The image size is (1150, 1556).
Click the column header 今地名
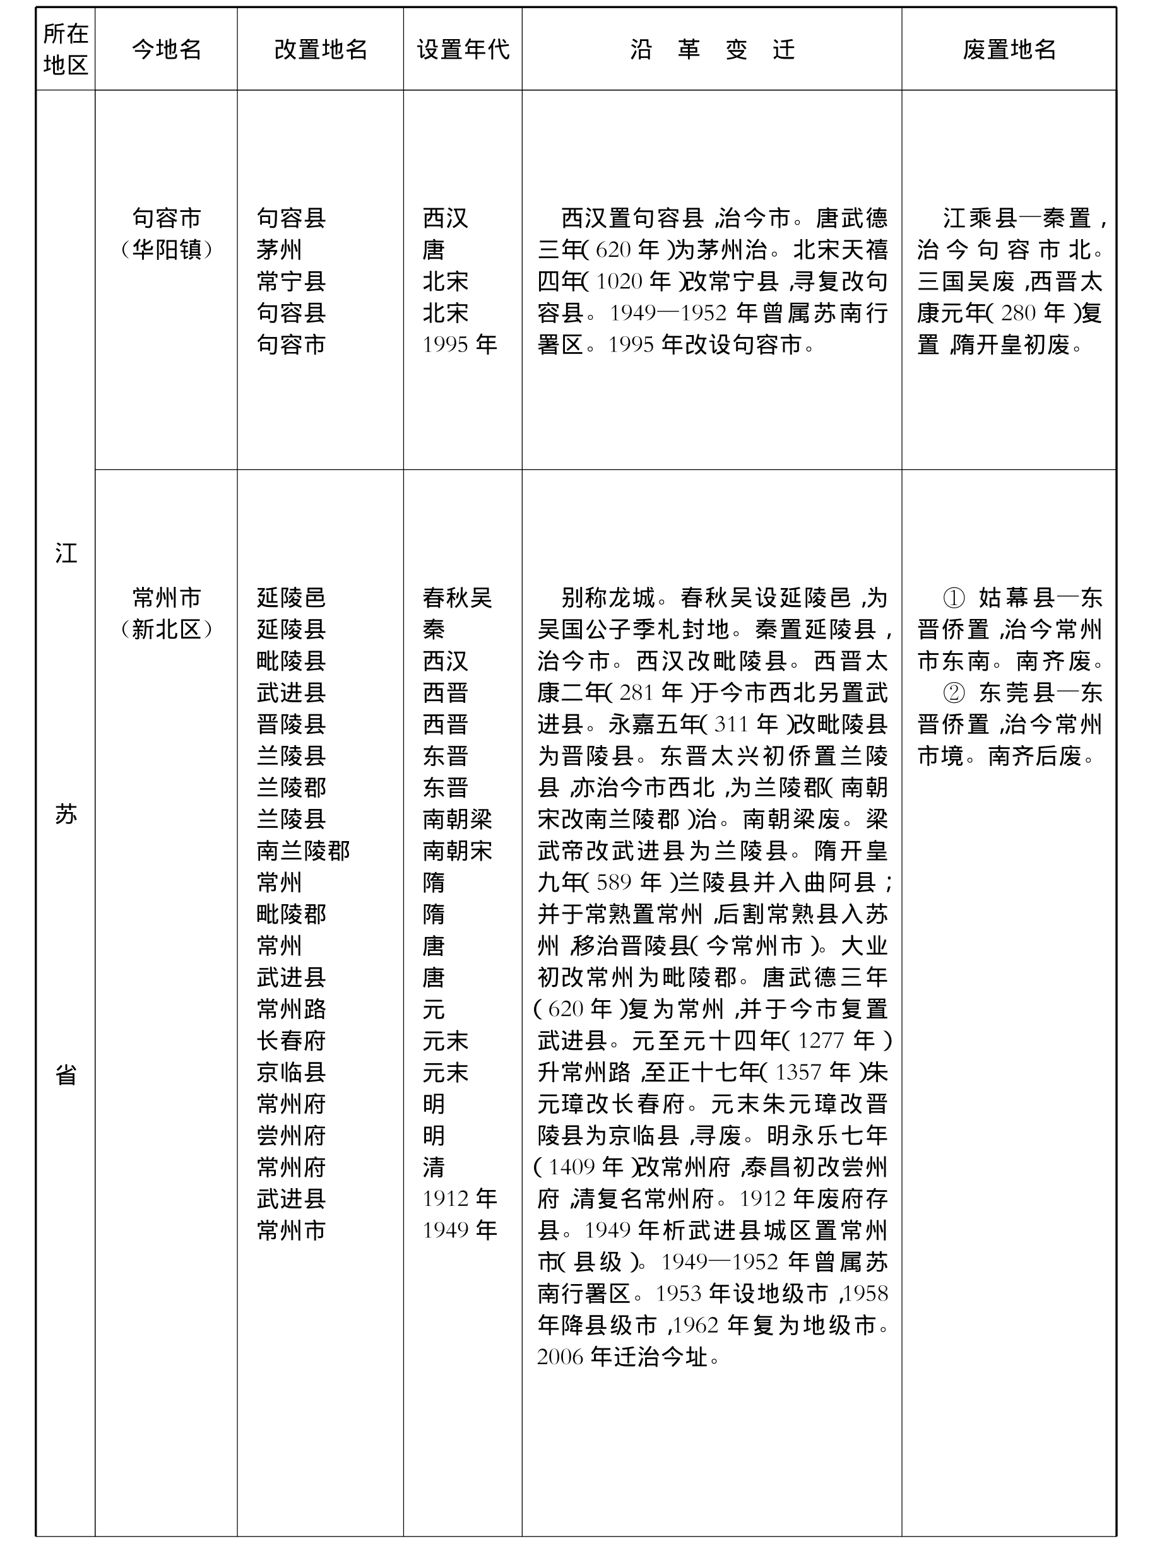167,49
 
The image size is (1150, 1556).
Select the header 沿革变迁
711,49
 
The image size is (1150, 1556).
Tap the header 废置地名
1009,49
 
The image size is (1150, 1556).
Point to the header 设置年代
463,49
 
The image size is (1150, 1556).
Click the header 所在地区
66,49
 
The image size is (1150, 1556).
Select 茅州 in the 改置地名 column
278,250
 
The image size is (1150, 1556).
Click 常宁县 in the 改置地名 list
291,281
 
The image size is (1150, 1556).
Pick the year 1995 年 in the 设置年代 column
459,345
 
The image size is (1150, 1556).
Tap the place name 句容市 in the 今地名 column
167,218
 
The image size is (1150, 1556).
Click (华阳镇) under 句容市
167,250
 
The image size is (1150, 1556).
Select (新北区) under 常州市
167,630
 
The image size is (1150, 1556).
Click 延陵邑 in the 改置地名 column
291,598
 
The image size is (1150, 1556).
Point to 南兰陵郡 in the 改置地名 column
303,851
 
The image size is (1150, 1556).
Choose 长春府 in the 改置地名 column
291,1041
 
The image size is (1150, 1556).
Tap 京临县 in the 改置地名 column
291,1073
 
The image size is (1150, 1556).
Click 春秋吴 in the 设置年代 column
458,598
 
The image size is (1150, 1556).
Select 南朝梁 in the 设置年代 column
458,819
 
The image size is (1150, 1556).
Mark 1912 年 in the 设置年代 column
459,1199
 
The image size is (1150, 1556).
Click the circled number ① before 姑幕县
953,598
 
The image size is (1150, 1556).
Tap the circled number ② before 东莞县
953,693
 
